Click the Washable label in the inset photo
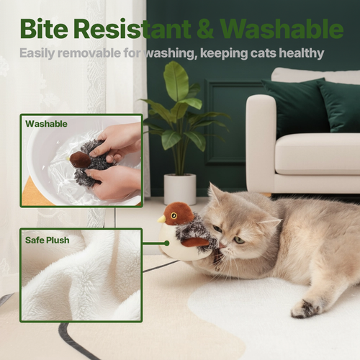pyautogui.click(x=46, y=124)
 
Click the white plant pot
pyautogui.click(x=179, y=189)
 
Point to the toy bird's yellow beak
pyautogui.click(x=163, y=219)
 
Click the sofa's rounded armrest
pyautogui.click(x=261, y=137)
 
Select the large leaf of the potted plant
pyautogui.click(x=176, y=81)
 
